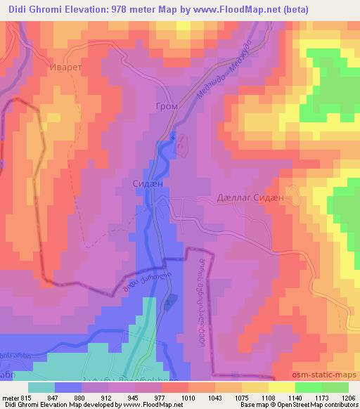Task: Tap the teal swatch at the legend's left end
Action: point(41,387)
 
